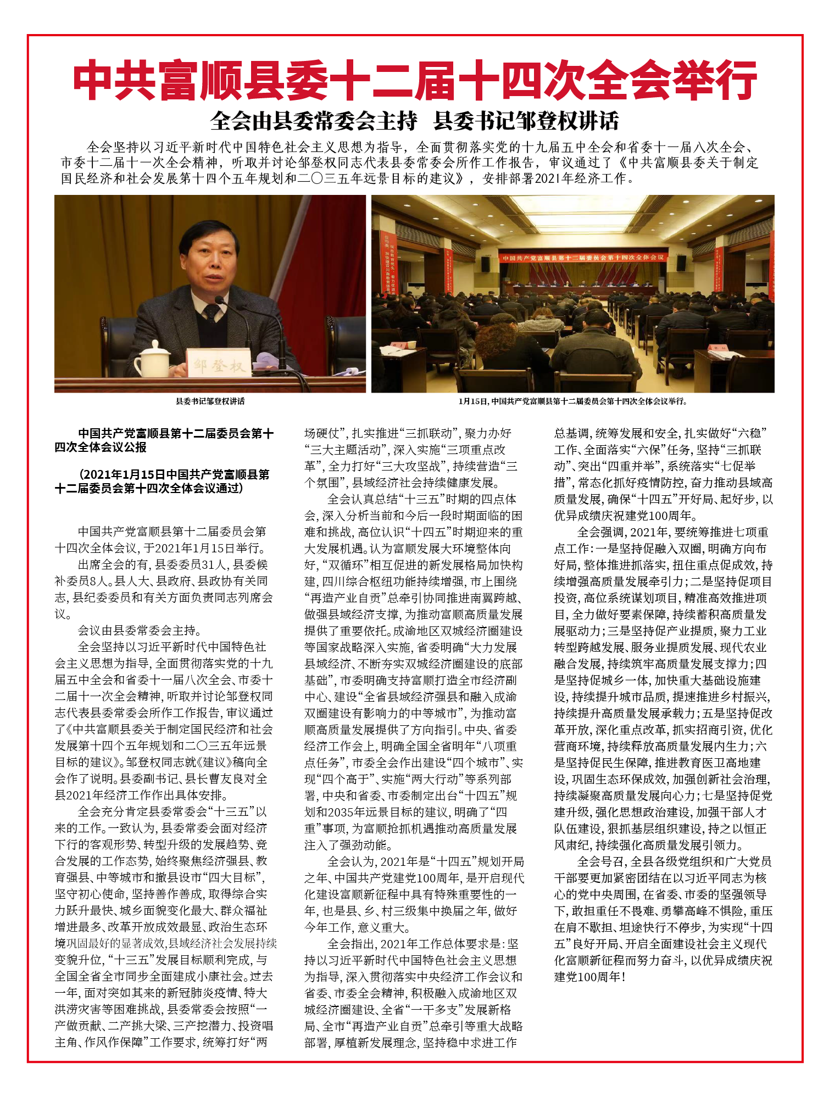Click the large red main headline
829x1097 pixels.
click(x=415, y=81)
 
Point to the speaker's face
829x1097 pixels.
click(x=212, y=259)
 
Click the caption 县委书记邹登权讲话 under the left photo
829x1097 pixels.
click(x=210, y=401)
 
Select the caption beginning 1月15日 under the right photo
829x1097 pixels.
click(x=572, y=401)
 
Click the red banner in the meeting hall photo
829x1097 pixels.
click(x=581, y=258)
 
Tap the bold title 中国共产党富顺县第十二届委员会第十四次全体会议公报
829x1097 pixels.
click(x=164, y=440)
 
